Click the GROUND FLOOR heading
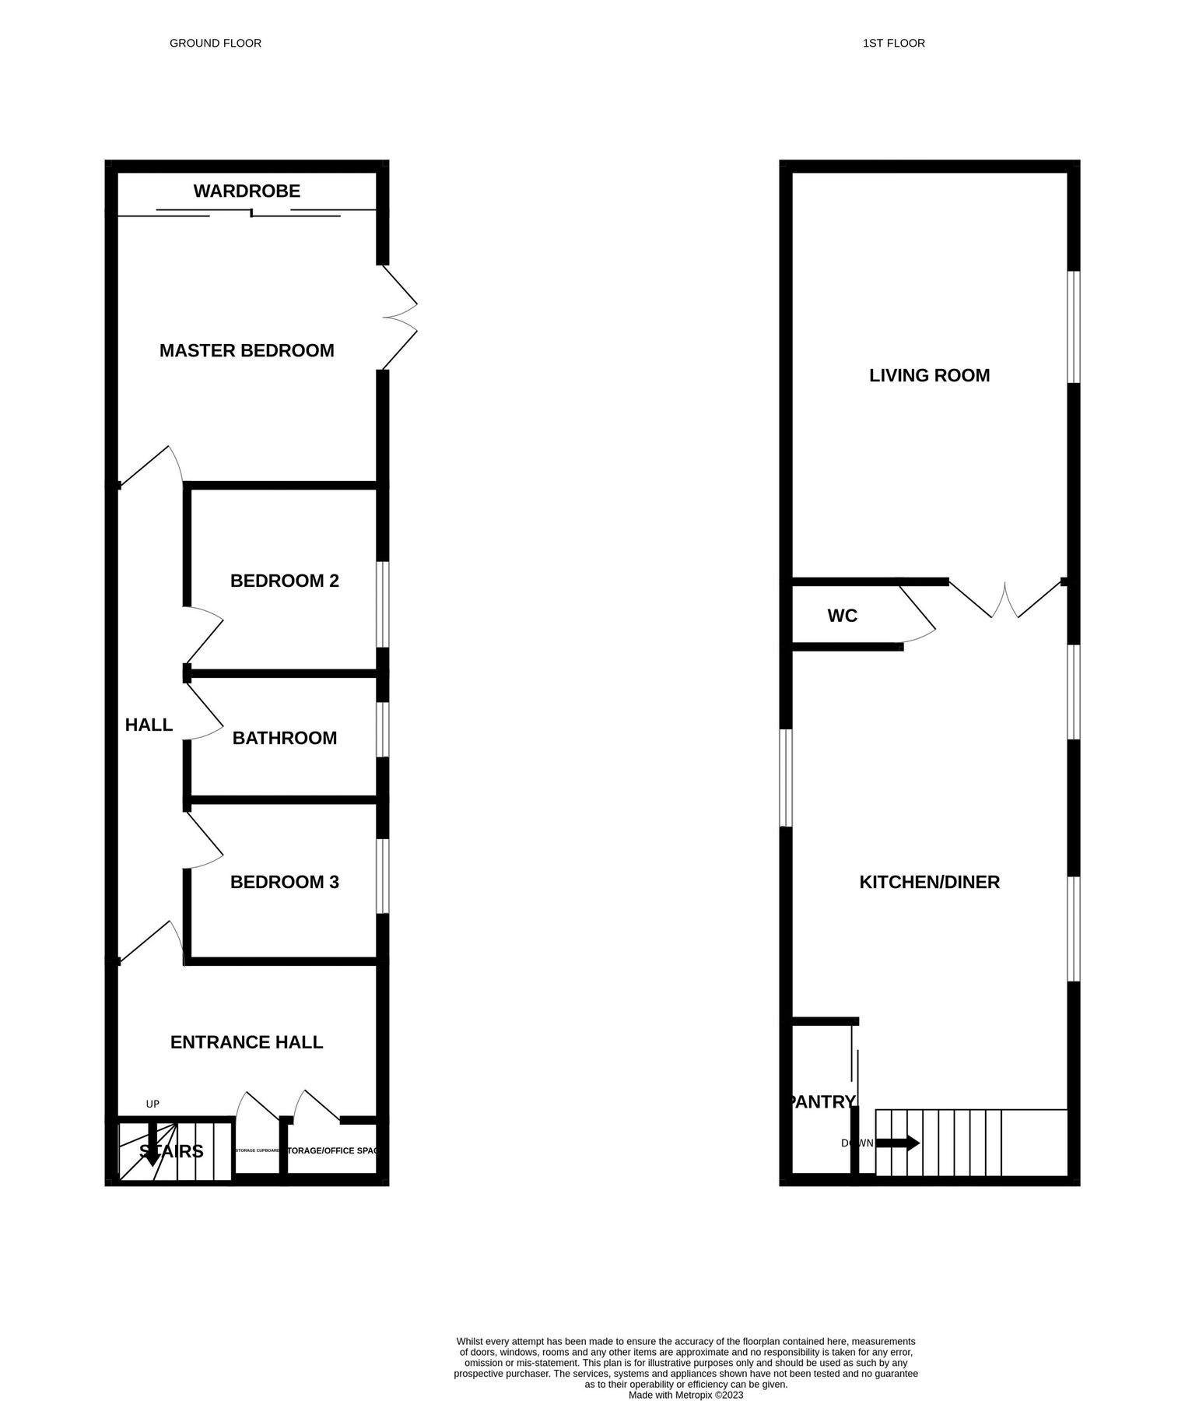pos(216,44)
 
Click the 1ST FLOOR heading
pos(893,44)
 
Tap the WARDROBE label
pos(247,191)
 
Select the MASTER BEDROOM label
pos(247,351)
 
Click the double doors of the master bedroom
pos(398,318)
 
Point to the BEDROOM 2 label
pos(285,581)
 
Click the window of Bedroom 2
pos(382,605)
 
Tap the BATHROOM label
pos(285,738)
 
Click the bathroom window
pos(382,729)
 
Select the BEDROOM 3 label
pos(285,882)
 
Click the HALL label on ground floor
pos(149,725)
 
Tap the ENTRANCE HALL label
pos(247,1042)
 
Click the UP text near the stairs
pos(153,1104)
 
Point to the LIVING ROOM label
pos(929,376)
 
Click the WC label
pos(842,616)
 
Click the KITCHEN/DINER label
pos(929,882)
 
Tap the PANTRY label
pos(822,1102)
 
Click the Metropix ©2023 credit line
pos(685,1373)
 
